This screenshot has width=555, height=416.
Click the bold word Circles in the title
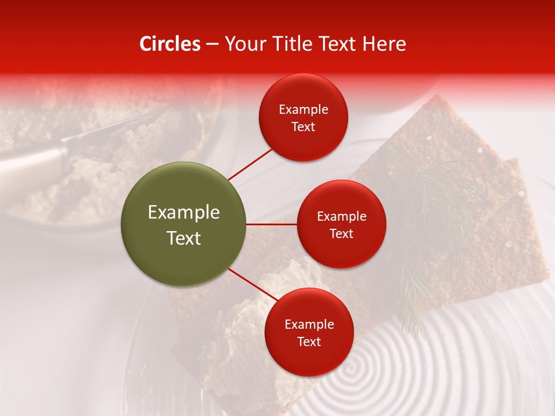(169, 44)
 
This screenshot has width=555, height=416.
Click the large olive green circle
(183, 224)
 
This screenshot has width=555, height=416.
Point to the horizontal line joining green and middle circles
(272, 224)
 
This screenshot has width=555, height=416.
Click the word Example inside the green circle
(184, 213)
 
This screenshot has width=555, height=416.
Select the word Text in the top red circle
(304, 127)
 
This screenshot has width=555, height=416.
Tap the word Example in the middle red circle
(342, 217)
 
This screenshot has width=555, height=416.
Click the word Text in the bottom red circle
(309, 342)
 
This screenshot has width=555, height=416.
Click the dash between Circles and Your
(212, 44)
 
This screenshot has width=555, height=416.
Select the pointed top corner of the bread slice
(437, 97)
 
